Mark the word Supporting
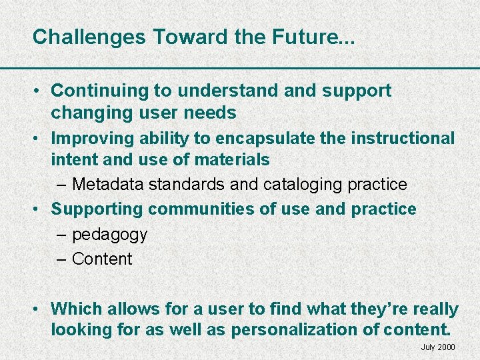coord(97,209)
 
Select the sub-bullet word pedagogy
coord(109,235)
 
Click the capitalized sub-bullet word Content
coord(102,259)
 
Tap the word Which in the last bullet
coord(72,309)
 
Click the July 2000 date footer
coord(438,347)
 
